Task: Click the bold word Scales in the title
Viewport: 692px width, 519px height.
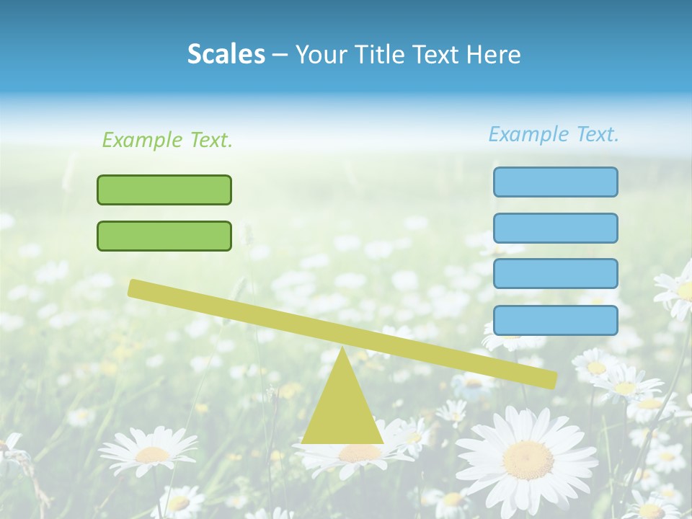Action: pos(226,54)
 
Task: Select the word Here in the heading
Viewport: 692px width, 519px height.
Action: pos(494,54)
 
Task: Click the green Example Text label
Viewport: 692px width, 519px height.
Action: pos(167,140)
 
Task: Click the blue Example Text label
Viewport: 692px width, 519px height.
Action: pos(554,134)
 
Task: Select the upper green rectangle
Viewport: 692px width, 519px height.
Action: pos(164,190)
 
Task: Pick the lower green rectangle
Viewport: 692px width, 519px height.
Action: pos(164,236)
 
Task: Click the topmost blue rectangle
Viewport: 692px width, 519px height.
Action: pos(555,182)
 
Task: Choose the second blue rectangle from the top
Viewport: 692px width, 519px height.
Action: pos(555,228)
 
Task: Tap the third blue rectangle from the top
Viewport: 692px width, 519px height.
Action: pos(555,274)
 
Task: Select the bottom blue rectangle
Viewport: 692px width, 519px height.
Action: pos(555,320)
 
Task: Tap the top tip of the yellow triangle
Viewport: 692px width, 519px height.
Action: pos(342,350)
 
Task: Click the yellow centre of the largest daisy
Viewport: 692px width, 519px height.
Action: pos(528,459)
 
